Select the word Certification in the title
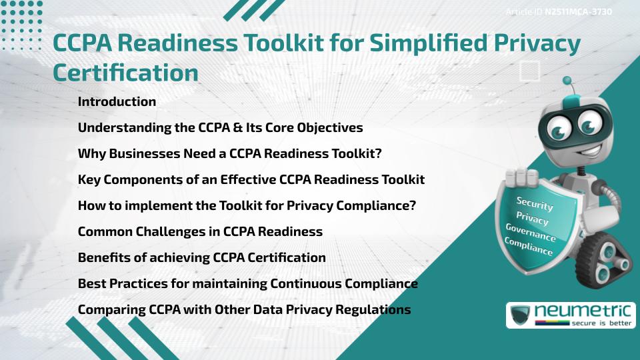[125, 72]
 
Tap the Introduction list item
[117, 102]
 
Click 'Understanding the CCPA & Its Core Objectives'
[220, 128]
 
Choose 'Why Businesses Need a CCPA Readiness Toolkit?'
[229, 154]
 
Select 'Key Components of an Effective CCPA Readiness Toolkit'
[251, 180]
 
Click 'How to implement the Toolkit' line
[247, 206]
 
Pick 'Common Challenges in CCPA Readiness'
[200, 232]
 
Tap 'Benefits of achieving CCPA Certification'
[201, 258]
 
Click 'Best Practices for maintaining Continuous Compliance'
[247, 284]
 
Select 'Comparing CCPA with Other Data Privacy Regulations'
[244, 310]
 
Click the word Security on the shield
[535, 204]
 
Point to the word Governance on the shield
[530, 233]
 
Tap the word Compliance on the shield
[528, 247]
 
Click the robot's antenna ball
[567, 81]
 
